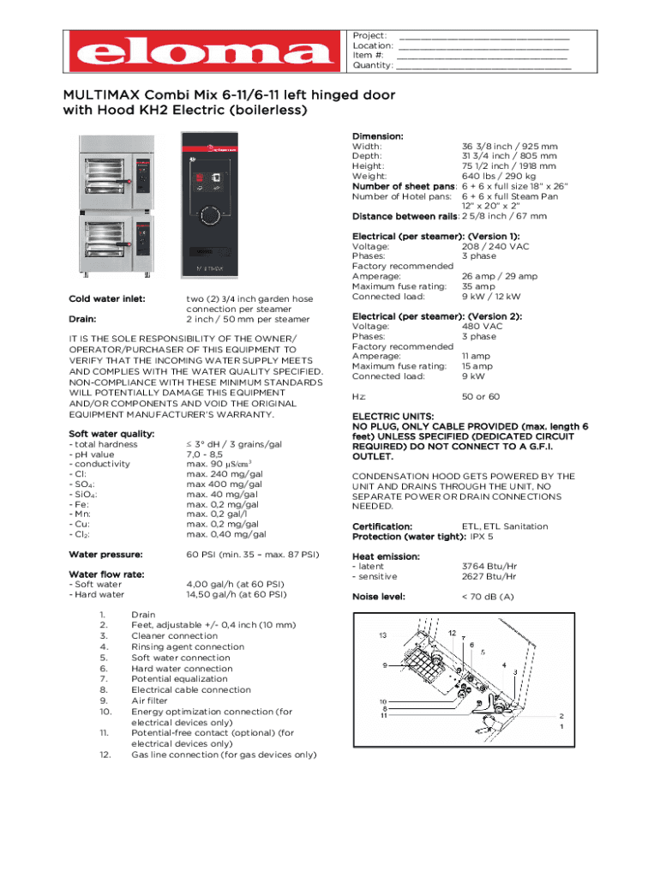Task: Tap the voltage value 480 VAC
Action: [x=482, y=326]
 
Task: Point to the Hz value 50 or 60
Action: [x=481, y=397]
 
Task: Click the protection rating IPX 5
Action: [x=482, y=536]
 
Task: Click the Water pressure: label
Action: [x=105, y=554]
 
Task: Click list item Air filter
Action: [x=150, y=701]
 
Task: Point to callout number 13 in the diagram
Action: [x=383, y=635]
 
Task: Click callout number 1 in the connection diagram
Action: [x=561, y=726]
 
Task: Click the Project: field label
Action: [x=370, y=35]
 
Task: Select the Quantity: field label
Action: [x=374, y=65]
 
